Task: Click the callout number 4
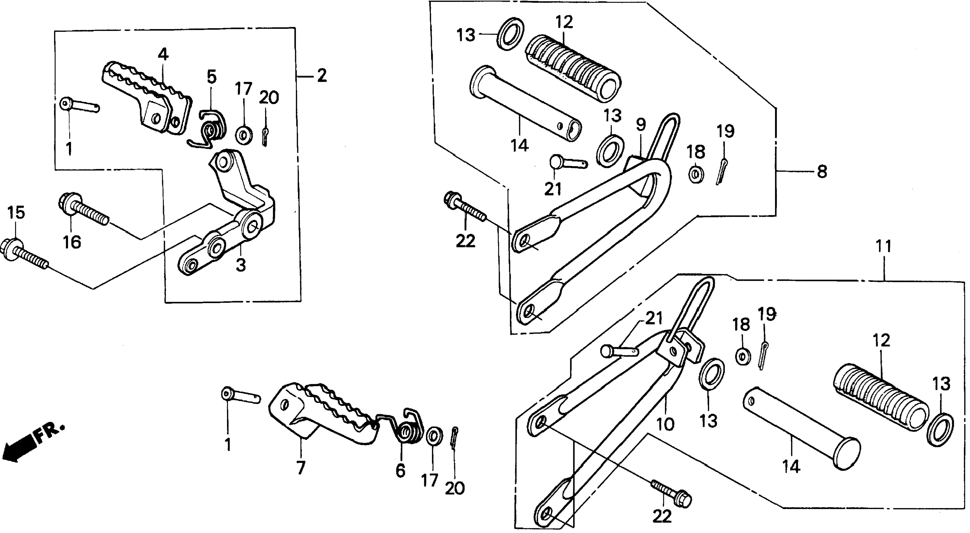point(163,55)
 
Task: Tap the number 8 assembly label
point(822,172)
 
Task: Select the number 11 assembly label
point(883,247)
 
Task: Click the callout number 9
point(641,124)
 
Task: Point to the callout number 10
point(665,424)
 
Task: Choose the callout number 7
point(300,468)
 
